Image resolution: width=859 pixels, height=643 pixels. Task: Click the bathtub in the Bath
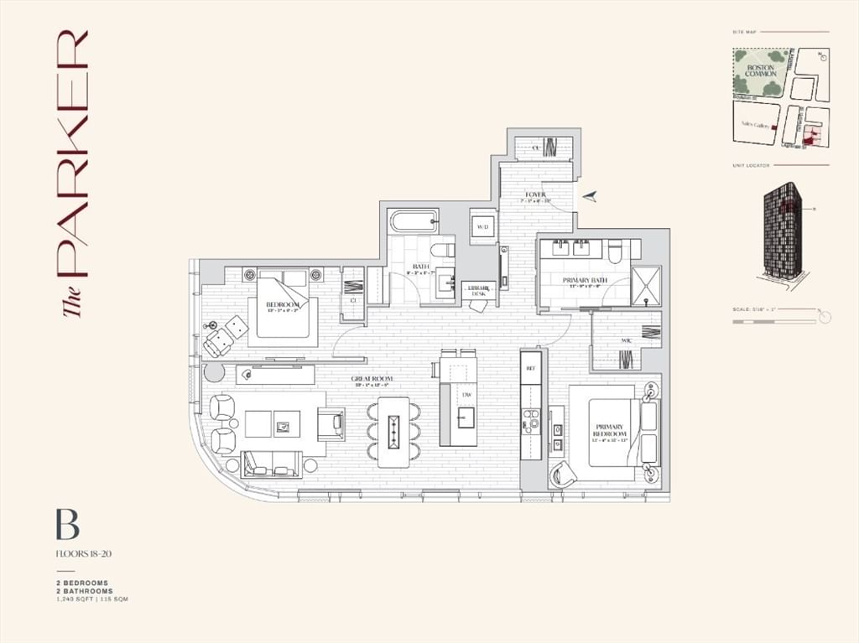pos(413,222)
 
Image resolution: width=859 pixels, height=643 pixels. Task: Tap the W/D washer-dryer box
pos(483,227)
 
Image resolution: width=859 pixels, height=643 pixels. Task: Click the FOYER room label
pos(535,194)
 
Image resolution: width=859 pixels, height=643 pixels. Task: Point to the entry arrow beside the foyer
pos(591,195)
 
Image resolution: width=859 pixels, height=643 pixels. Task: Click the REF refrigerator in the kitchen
pos(530,367)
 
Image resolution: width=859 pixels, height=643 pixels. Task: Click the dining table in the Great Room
pos(393,432)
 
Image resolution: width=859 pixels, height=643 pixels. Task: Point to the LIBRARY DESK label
pos(479,291)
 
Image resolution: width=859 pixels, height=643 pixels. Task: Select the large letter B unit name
pos(67,525)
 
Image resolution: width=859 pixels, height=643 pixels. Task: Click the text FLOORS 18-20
pos(83,553)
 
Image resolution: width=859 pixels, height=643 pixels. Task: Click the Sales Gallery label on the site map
pos(755,124)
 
